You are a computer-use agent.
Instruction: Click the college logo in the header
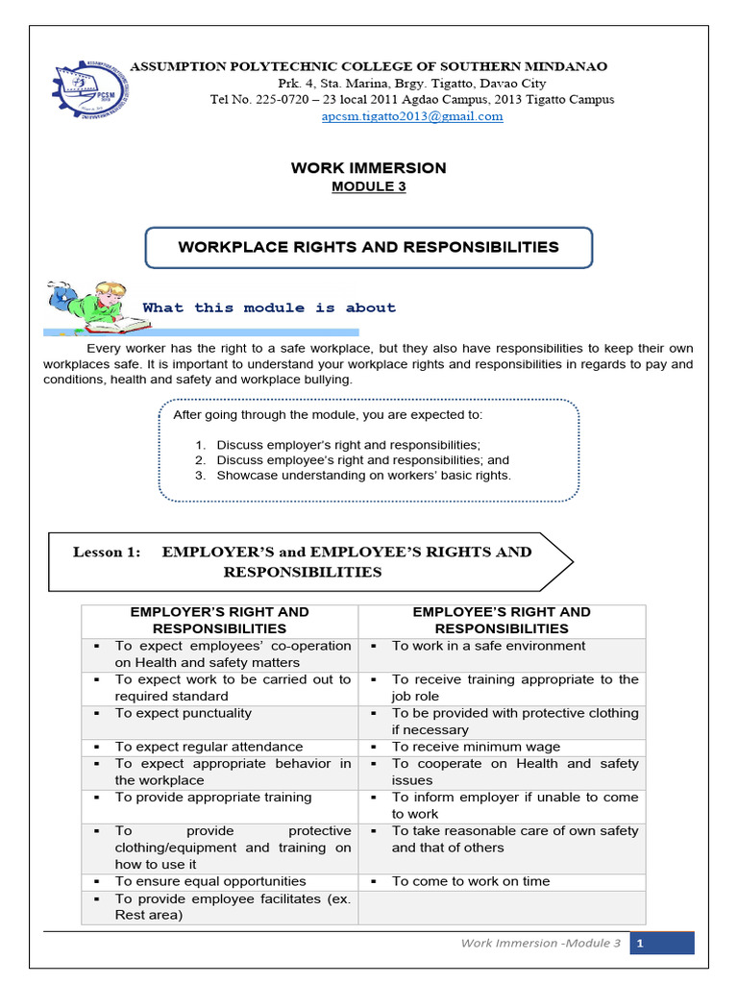coord(92,90)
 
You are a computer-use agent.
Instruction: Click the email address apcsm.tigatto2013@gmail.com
coord(412,116)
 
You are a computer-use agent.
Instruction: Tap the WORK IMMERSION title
coord(369,168)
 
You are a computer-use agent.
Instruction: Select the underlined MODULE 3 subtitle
coord(369,186)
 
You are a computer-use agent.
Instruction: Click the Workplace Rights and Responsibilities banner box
coord(369,248)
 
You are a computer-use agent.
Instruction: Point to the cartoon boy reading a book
coord(89,307)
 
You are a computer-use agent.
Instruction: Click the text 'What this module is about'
coord(269,307)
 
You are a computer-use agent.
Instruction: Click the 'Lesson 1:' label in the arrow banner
coord(107,552)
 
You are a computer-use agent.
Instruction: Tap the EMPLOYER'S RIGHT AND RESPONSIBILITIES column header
coord(220,620)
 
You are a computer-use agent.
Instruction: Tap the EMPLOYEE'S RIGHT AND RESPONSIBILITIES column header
coord(502,620)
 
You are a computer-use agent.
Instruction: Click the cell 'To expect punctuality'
coord(184,713)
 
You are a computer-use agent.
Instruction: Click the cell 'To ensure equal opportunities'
coord(210,881)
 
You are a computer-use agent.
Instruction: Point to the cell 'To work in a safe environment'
coord(488,646)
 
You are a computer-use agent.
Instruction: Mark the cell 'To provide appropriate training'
coord(213,797)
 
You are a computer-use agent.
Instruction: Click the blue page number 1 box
coord(662,943)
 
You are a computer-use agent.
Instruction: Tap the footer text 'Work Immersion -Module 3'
coord(541,943)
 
